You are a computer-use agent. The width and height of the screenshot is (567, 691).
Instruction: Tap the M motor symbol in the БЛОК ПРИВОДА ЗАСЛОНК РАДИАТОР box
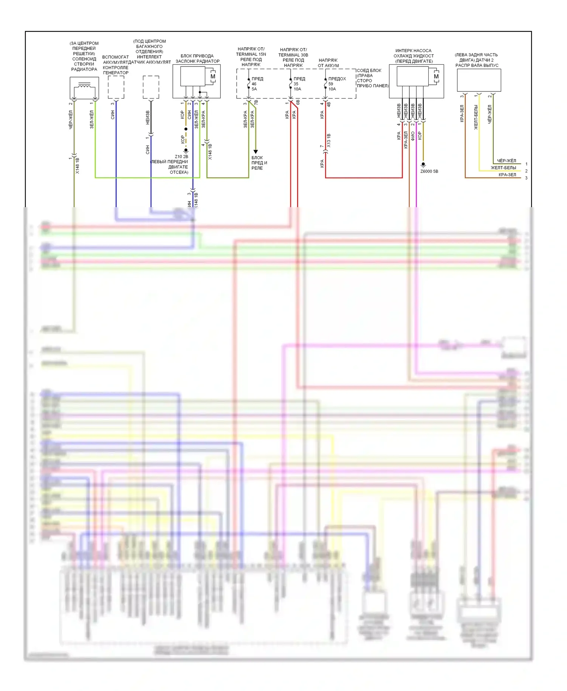click(x=213, y=76)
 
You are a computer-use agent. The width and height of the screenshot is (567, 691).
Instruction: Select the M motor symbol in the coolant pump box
click(x=436, y=76)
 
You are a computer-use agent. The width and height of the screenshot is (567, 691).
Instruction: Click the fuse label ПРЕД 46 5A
click(x=257, y=84)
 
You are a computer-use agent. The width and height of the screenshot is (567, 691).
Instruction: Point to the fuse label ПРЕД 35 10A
click(x=299, y=84)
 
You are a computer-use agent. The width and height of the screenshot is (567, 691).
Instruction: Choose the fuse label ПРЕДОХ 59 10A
click(x=336, y=84)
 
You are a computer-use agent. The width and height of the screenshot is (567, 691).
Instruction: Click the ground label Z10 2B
click(x=181, y=156)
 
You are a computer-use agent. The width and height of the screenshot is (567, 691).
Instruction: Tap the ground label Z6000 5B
click(x=429, y=171)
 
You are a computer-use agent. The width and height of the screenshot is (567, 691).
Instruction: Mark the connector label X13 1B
click(x=329, y=140)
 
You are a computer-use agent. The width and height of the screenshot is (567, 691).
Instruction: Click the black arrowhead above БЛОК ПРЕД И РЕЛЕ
click(x=256, y=152)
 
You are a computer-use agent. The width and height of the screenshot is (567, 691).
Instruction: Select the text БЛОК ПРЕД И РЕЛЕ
click(x=259, y=163)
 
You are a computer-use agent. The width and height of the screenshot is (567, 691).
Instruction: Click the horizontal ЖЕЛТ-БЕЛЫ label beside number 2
click(x=503, y=167)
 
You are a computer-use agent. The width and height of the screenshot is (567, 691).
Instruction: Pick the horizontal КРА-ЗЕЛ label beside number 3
click(x=507, y=175)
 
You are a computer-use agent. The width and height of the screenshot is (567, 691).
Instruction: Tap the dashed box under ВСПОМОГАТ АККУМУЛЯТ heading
click(x=116, y=87)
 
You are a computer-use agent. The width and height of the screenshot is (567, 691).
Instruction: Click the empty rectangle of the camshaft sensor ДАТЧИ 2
click(x=479, y=80)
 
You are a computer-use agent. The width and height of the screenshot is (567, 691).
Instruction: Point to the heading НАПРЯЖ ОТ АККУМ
click(x=328, y=63)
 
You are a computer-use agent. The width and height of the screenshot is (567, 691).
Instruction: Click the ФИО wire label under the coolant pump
click(x=413, y=136)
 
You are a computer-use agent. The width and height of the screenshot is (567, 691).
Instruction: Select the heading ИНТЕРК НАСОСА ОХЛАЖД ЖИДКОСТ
click(x=414, y=56)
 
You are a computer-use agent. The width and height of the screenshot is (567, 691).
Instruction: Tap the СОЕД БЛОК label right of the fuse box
click(x=369, y=71)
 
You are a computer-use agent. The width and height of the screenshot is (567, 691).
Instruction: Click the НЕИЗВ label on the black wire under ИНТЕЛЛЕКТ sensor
click(x=148, y=117)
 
